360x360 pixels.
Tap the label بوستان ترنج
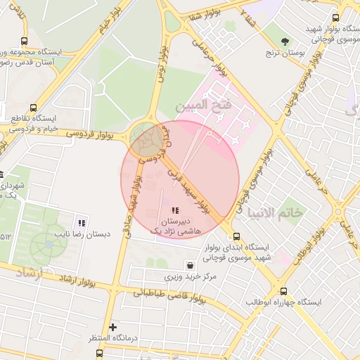pos(283,53)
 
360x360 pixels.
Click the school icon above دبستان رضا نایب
pos(82,223)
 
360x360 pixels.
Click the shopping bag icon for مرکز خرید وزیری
pos(191,265)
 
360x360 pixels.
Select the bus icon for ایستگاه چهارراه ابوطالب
pos(283,291)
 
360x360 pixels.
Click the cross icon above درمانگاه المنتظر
pos(112,327)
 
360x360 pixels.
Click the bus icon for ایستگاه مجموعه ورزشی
pos(25,41)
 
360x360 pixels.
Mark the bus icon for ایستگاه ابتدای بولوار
pos(236,236)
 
